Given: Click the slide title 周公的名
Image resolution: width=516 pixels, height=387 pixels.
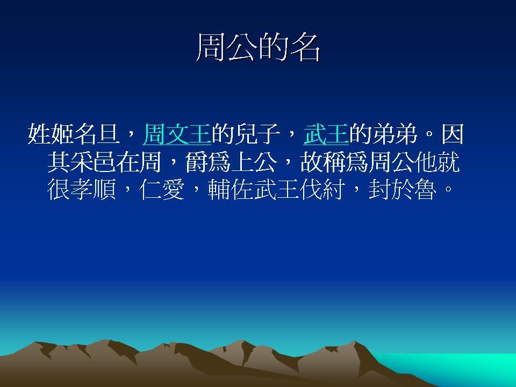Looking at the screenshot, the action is click(258, 48).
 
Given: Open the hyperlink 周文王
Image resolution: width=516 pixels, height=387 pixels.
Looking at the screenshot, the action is click(177, 134).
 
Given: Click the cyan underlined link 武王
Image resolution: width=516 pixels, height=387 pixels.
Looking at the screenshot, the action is click(326, 134).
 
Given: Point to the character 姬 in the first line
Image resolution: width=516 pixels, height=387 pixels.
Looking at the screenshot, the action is click(62, 134).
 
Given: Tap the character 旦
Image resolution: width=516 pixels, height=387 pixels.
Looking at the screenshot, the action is click(108, 134).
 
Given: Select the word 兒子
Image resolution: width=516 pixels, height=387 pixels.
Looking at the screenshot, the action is click(257, 134).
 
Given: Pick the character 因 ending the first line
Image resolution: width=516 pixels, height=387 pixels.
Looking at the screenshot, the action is click(453, 134).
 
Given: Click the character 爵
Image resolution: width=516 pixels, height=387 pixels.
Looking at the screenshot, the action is click(197, 162).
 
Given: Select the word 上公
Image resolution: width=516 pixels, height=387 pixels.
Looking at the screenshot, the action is click(254, 162).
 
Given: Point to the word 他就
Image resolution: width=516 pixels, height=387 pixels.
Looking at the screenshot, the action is click(438, 162).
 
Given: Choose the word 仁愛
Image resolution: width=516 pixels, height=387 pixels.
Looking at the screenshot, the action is click(162, 190).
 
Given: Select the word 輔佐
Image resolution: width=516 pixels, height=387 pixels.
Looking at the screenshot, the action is click(231, 190).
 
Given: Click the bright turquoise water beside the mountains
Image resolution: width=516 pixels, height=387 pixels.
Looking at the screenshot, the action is click(461, 369).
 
